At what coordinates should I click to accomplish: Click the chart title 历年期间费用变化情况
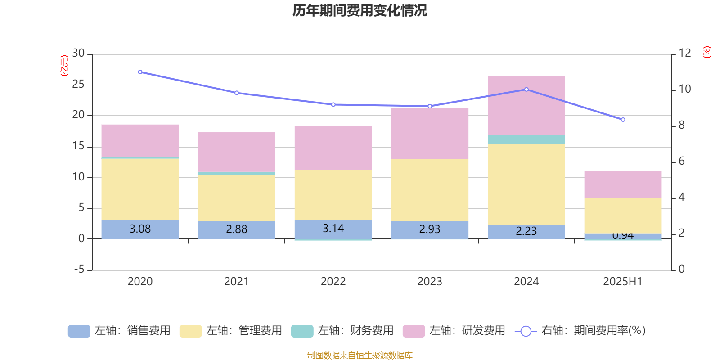(x=360, y=10)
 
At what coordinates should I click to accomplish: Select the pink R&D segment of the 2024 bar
(x=526, y=105)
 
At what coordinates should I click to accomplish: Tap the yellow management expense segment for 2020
(x=140, y=189)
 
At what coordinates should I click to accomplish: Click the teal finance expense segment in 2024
(x=526, y=139)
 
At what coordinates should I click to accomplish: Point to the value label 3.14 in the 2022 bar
(x=333, y=229)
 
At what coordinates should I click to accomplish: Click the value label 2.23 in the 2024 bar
(x=526, y=231)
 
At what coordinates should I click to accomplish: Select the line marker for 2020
(x=140, y=72)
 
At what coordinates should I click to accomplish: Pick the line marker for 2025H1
(x=623, y=120)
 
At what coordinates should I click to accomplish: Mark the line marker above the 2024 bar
(x=526, y=90)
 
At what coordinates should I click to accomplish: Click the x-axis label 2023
(x=429, y=282)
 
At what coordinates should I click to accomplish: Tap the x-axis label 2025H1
(x=623, y=282)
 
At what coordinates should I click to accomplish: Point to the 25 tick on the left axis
(x=78, y=85)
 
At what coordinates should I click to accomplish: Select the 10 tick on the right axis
(x=684, y=89)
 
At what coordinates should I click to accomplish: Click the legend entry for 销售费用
(x=120, y=331)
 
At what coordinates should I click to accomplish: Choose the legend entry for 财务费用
(x=343, y=331)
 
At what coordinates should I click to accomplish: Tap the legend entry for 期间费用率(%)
(x=580, y=331)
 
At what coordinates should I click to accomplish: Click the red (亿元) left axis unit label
(x=64, y=66)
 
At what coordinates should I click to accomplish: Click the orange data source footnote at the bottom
(x=360, y=355)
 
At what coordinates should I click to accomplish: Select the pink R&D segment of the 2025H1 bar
(x=623, y=184)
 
